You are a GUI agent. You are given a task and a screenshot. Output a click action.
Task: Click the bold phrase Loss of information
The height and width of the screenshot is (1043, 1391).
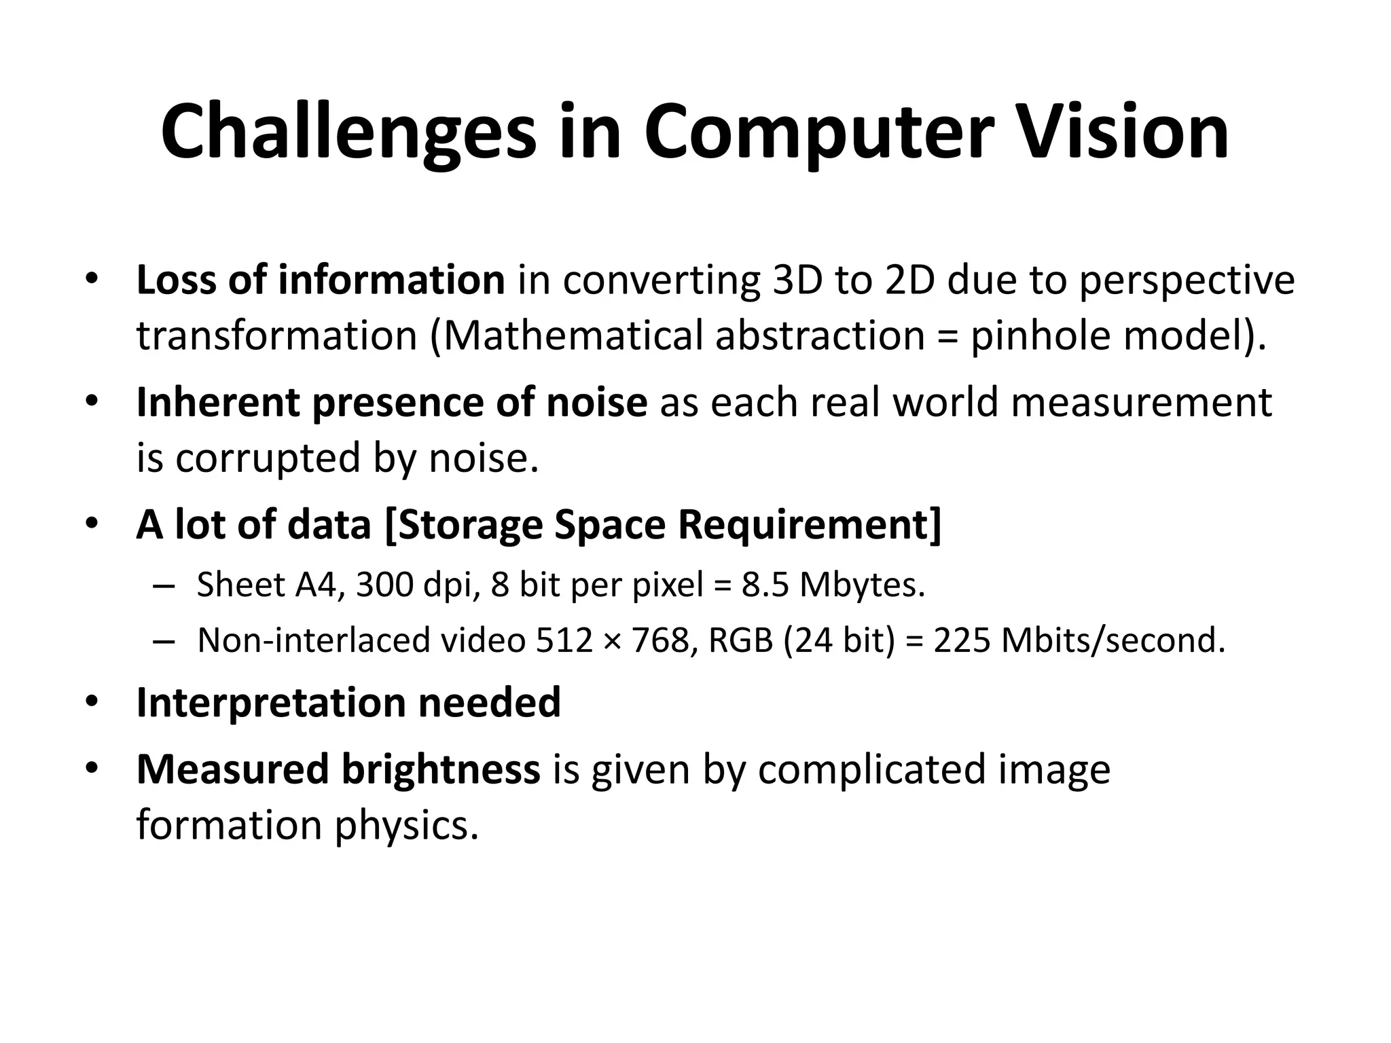coord(320,280)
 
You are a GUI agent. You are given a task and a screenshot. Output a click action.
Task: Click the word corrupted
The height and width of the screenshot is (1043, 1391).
coord(268,458)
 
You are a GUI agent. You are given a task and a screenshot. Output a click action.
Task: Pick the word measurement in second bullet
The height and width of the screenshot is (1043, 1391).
coord(1141,402)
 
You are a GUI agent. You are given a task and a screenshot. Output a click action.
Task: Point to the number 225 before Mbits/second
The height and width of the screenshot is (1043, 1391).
coord(962,640)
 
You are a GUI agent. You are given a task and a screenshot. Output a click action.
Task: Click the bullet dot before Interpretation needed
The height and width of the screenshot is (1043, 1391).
coord(92,702)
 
